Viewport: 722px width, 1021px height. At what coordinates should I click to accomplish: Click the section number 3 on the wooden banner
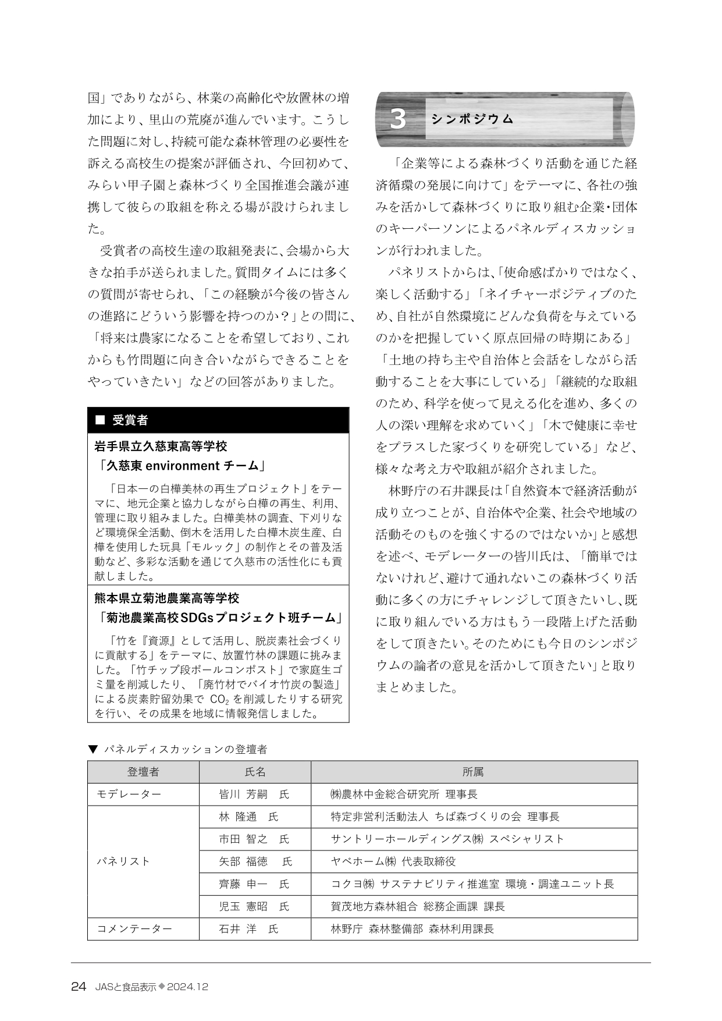pyautogui.click(x=398, y=119)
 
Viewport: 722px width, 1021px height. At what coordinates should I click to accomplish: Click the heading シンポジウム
pyautogui.click(x=472, y=119)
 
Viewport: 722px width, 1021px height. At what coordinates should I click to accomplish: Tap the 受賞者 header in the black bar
pyautogui.click(x=130, y=420)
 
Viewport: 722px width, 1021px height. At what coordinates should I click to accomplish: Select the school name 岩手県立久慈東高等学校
pyautogui.click(x=161, y=446)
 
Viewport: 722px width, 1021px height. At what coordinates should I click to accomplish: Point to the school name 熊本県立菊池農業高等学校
pyautogui.click(x=167, y=598)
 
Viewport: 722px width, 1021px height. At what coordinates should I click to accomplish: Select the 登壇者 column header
pyautogui.click(x=143, y=772)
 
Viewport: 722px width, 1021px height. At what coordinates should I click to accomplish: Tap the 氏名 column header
pyautogui.click(x=255, y=772)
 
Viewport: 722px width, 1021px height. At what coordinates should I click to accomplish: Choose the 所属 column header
pyautogui.click(x=474, y=772)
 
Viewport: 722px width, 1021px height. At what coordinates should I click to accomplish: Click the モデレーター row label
pyautogui.click(x=129, y=794)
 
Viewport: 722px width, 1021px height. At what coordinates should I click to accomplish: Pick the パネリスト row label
pyautogui.click(x=123, y=862)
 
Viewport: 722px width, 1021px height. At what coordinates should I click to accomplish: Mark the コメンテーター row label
pyautogui.click(x=134, y=929)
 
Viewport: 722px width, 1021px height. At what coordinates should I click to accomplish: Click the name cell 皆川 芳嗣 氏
pyautogui.click(x=254, y=794)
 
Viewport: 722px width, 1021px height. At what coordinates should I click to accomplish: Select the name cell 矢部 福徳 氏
pyautogui.click(x=255, y=862)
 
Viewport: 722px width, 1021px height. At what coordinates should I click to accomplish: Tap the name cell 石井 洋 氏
pyautogui.click(x=248, y=929)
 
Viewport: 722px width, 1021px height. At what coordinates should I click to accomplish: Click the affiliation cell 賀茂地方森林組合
pyautogui.click(x=417, y=906)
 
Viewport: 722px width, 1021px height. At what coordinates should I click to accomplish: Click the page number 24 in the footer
pyautogui.click(x=79, y=987)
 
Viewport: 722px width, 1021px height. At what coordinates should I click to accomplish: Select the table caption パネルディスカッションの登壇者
pyautogui.click(x=184, y=749)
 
